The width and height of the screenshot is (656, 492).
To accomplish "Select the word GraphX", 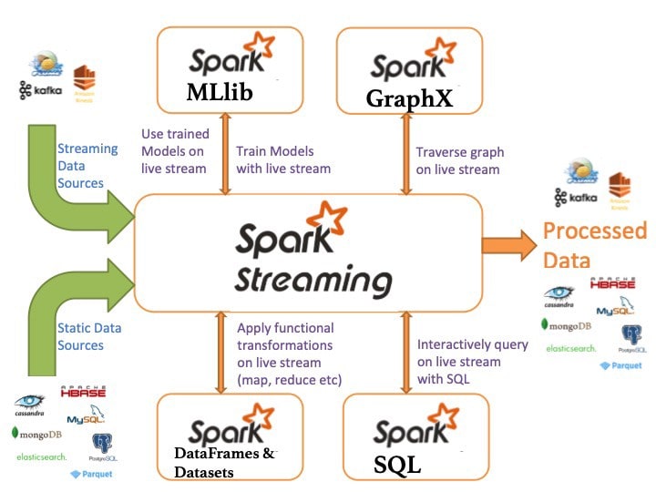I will click(409, 97).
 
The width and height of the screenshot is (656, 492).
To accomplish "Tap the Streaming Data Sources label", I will click(87, 165).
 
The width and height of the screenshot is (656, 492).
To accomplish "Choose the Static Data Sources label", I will click(88, 336).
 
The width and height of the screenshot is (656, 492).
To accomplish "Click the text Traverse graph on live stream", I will click(459, 160).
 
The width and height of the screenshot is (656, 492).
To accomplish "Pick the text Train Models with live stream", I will click(282, 160).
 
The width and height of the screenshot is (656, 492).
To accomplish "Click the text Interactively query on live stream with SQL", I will click(472, 362).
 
